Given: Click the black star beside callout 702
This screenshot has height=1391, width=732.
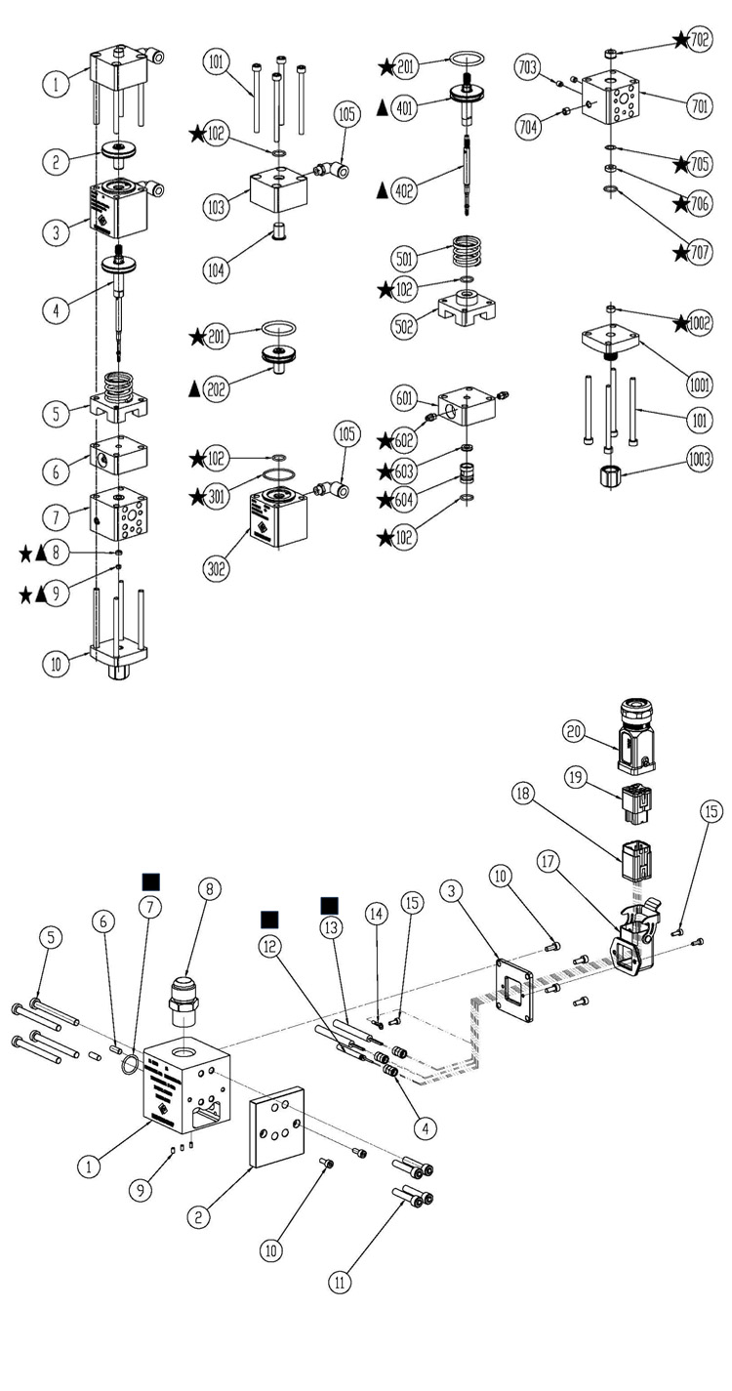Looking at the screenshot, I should [681, 40].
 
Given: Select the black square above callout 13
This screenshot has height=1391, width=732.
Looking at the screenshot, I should [329, 905].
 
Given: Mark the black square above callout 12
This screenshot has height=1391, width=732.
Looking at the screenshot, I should [269, 919].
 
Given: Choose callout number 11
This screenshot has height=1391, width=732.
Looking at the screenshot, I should [339, 1283].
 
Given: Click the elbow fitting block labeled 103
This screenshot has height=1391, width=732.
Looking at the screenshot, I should [279, 187].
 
